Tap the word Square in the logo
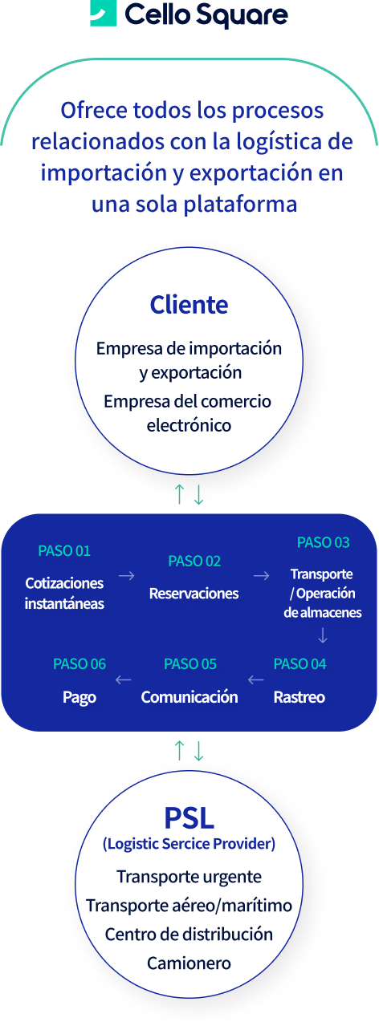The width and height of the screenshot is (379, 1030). tap(242, 15)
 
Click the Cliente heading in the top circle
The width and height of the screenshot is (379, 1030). tap(189, 305)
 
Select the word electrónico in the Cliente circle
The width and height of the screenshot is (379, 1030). tap(189, 425)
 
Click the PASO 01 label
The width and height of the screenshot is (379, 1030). tap(64, 551)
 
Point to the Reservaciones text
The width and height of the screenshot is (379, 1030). tap(194, 594)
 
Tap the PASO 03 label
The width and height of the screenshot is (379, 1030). tap(324, 542)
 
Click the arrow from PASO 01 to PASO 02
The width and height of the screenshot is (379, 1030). tap(127, 576)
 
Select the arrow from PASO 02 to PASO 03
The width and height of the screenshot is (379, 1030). tap(262, 576)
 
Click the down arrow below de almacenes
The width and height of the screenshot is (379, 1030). tap(323, 635)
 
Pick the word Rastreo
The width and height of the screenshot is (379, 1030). tap(300, 698)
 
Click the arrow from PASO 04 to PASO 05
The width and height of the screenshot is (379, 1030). tap(255, 679)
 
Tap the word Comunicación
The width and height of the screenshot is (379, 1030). tap(189, 698)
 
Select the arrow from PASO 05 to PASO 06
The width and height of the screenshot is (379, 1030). tap(124, 679)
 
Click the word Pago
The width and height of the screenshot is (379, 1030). tap(79, 698)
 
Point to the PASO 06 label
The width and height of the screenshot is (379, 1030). tap(79, 664)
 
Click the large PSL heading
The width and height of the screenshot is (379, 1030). tap(189, 818)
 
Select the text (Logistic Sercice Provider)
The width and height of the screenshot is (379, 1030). tap(189, 844)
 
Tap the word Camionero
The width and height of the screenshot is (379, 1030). tap(189, 963)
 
